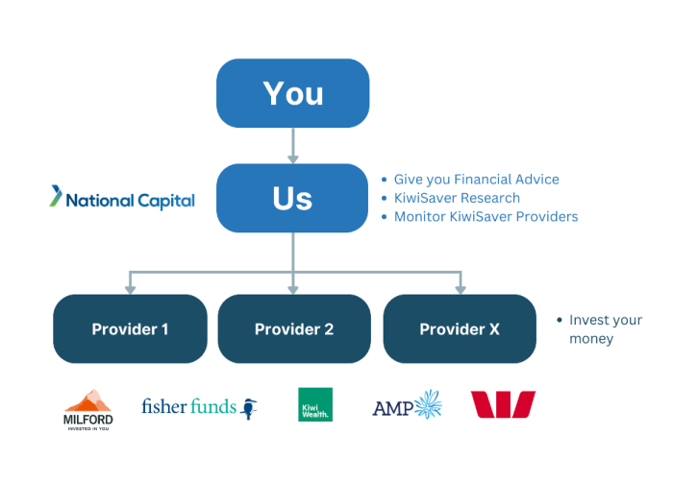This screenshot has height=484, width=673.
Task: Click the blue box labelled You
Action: [x=292, y=93]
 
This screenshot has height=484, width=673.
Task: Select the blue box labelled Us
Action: [x=292, y=198]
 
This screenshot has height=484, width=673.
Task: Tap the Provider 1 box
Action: [x=130, y=329]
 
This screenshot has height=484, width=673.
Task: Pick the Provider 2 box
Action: [x=294, y=329]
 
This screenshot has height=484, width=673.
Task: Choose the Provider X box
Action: [x=460, y=329]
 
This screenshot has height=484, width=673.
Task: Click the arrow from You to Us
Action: [x=292, y=146]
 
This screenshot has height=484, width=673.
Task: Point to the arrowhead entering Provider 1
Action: [x=130, y=287]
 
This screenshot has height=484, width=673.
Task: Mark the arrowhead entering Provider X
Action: [x=460, y=287]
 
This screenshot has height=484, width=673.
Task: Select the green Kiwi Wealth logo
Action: [x=315, y=404]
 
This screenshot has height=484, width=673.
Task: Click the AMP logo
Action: [x=406, y=406]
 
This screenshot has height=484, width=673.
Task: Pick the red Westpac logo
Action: [x=502, y=404]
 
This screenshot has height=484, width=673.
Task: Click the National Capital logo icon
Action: [x=57, y=197]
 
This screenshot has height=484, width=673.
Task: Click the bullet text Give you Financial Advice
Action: [x=476, y=180]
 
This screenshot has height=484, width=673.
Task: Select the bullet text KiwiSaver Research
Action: [x=457, y=198]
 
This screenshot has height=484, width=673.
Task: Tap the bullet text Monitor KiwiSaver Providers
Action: [x=486, y=216]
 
